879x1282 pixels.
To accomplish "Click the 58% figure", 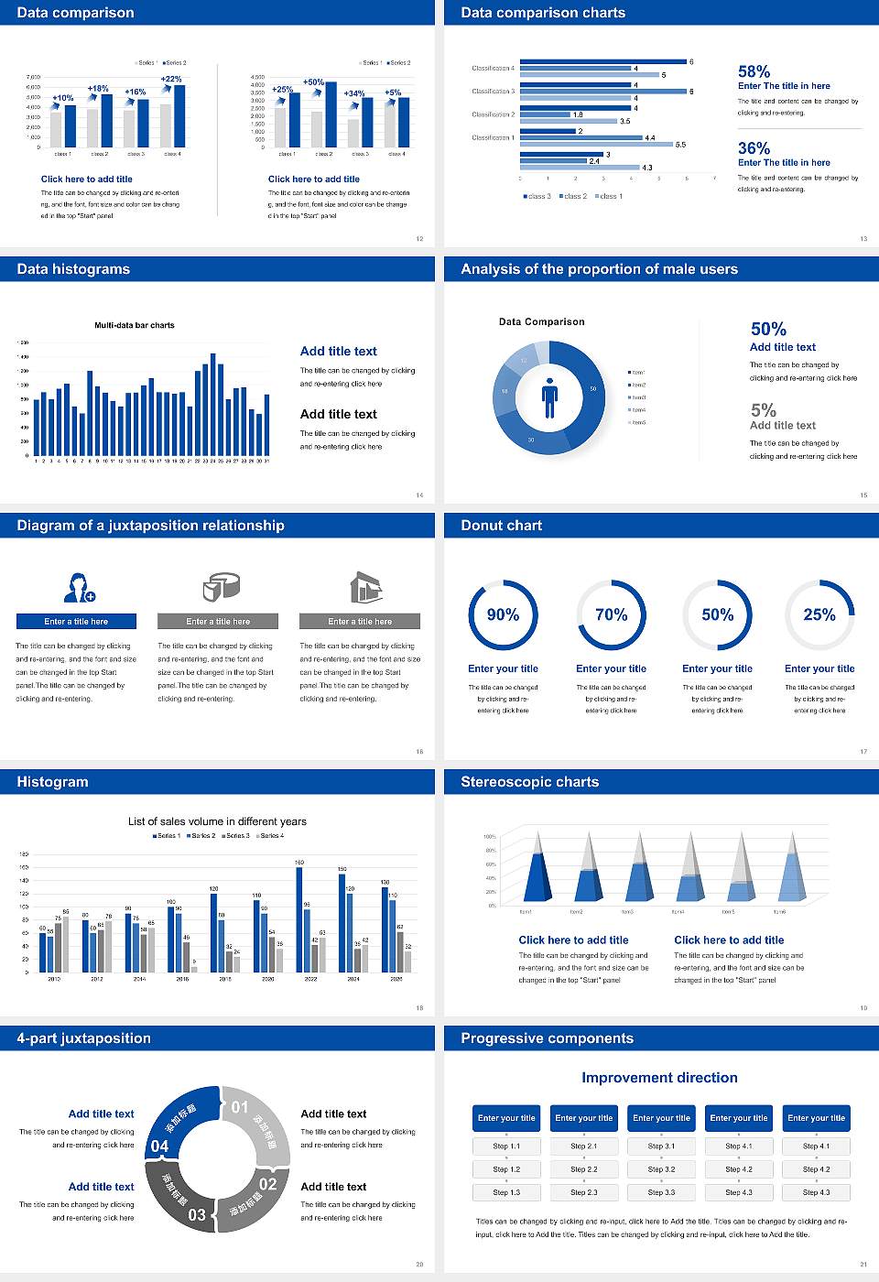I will click(x=754, y=71).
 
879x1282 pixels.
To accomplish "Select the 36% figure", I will click(x=754, y=148).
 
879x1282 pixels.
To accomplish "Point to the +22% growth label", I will click(x=171, y=79).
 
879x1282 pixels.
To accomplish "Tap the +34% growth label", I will click(x=354, y=93).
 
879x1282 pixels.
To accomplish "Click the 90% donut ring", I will click(x=503, y=614).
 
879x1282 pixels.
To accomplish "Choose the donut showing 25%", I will click(x=819, y=614).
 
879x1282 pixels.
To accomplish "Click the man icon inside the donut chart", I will click(x=549, y=397).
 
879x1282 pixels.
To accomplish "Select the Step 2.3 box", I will click(x=584, y=1192).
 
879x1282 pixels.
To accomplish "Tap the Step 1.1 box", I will click(x=506, y=1146).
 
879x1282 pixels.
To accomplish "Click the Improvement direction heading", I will click(x=659, y=1078).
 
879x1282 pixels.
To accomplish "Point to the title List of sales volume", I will click(x=217, y=821).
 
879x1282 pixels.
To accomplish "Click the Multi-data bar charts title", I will click(x=135, y=325).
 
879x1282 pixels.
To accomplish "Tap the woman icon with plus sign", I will click(x=79, y=587).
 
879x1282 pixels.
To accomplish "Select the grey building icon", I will click(x=365, y=587).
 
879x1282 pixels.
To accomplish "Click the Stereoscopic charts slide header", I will click(x=529, y=782).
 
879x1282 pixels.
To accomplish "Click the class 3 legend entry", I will click(x=537, y=196).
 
